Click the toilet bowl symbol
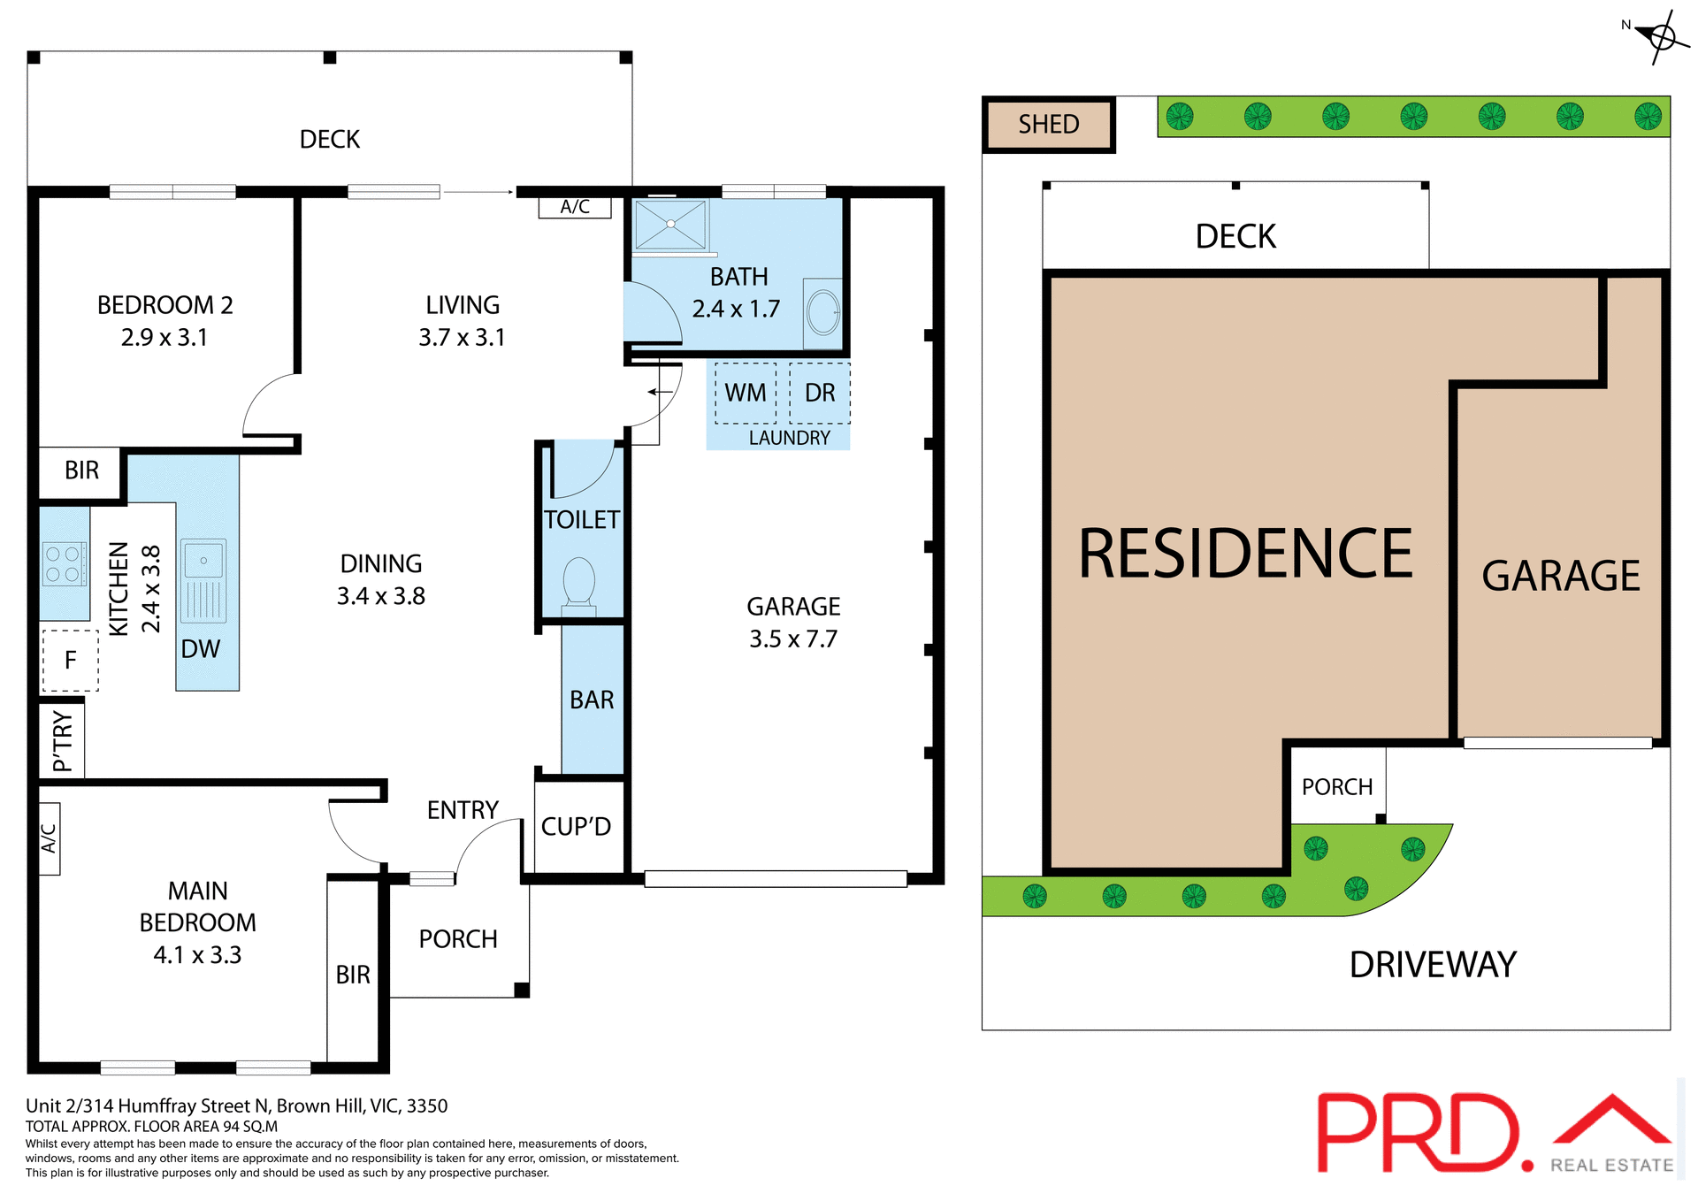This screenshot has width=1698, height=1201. pyautogui.click(x=579, y=582)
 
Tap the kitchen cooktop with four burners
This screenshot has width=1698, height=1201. pyautogui.click(x=63, y=564)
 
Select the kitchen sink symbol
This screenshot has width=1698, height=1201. pyautogui.click(x=203, y=580)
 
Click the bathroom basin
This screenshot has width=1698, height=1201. pyautogui.click(x=823, y=312)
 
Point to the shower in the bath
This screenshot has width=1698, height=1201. pyautogui.click(x=670, y=224)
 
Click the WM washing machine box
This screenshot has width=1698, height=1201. pyautogui.click(x=746, y=393)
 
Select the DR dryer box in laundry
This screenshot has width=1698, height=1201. pyautogui.click(x=820, y=393)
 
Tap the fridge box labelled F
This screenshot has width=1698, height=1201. pyautogui.click(x=71, y=660)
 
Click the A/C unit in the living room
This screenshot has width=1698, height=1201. pyautogui.click(x=575, y=207)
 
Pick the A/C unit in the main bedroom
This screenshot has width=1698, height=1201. pyautogui.click(x=50, y=838)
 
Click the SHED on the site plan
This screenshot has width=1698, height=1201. pyautogui.click(x=1049, y=125)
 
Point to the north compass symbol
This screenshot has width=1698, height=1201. pyautogui.click(x=1660, y=37)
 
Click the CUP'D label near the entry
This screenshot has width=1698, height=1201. pyautogui.click(x=576, y=827)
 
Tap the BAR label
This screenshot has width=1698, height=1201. pyautogui.click(x=592, y=700)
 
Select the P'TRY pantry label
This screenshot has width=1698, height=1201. pyautogui.click(x=62, y=741)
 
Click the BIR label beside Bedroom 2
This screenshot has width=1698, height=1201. pyautogui.click(x=81, y=470)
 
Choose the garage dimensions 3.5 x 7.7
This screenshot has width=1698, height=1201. pyautogui.click(x=793, y=639)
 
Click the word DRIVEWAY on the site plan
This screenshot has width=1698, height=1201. pyautogui.click(x=1433, y=965)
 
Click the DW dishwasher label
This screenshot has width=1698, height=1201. pyautogui.click(x=201, y=649)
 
